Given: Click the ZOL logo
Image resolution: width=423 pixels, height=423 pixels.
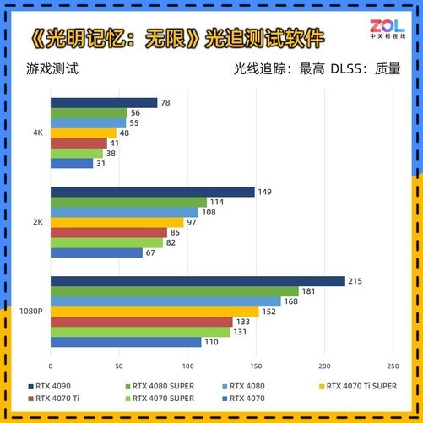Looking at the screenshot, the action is (x=388, y=29).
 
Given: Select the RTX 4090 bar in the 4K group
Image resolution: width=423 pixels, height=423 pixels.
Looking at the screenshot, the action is (x=104, y=103).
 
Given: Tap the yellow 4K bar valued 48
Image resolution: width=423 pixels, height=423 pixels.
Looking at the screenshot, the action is (x=84, y=133).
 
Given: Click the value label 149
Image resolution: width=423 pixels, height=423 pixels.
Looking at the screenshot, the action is (x=264, y=192).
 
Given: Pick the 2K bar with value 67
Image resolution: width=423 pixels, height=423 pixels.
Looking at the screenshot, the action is (x=96, y=252).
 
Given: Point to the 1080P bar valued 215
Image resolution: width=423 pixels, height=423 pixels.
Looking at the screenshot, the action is (x=198, y=281).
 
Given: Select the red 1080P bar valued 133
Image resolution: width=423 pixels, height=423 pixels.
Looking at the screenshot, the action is (x=142, y=322).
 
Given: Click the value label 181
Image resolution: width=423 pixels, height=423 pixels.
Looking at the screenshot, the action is (x=308, y=291).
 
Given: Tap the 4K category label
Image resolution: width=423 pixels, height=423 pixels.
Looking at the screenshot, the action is (x=38, y=133).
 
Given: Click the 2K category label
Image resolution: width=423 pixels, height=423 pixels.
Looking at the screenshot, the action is (x=38, y=222).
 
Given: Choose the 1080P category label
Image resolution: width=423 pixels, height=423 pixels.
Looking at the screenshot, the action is (x=31, y=312).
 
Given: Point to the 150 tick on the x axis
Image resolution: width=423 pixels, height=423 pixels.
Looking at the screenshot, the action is (x=256, y=366).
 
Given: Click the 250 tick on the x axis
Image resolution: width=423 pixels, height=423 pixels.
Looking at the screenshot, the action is (x=393, y=366).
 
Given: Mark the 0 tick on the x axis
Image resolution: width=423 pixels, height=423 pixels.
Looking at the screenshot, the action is (x=51, y=366).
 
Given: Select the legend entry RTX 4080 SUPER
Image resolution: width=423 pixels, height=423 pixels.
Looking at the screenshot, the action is (x=160, y=386).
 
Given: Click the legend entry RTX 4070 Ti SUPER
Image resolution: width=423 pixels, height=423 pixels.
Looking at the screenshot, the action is (x=358, y=386).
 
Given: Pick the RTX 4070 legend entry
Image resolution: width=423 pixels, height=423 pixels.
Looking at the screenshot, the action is (x=244, y=399).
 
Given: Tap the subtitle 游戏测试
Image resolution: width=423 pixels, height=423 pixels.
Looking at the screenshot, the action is (x=52, y=69).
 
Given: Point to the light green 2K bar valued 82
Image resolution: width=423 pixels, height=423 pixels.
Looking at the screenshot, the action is (x=106, y=243).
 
